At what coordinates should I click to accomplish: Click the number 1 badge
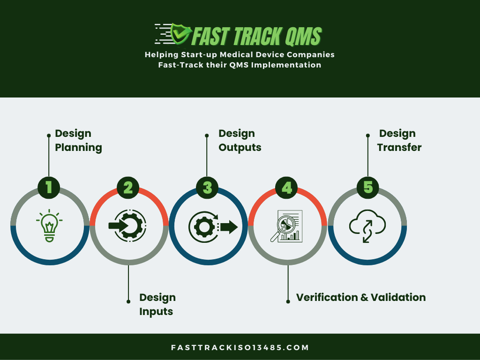pos(49,187)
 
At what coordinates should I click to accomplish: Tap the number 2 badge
pos(128,187)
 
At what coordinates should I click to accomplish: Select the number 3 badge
pos(207,187)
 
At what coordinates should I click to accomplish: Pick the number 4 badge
pos(286,187)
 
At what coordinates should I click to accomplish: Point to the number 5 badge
pos(368,187)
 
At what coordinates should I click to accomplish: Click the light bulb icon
pos(49,226)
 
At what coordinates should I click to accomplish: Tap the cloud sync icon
pos(367,226)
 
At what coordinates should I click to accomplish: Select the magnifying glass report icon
pos(286,226)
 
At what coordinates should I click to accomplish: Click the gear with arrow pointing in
pos(127,226)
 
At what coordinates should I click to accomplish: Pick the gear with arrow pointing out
pos(213,226)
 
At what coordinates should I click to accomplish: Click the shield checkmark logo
pos(180,34)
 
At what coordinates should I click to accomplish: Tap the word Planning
pos(78,148)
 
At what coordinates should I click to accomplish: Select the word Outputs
pos(240,148)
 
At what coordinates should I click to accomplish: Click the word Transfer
pos(399,148)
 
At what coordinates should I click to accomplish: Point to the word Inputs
pos(156,312)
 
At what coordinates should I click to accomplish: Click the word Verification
pos(327,297)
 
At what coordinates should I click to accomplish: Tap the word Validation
pos(398,297)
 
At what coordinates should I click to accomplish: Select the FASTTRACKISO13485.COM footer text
pos(240,347)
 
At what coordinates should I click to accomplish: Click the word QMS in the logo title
pos(303,37)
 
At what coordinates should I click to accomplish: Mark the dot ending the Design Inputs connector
pos(128,301)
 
